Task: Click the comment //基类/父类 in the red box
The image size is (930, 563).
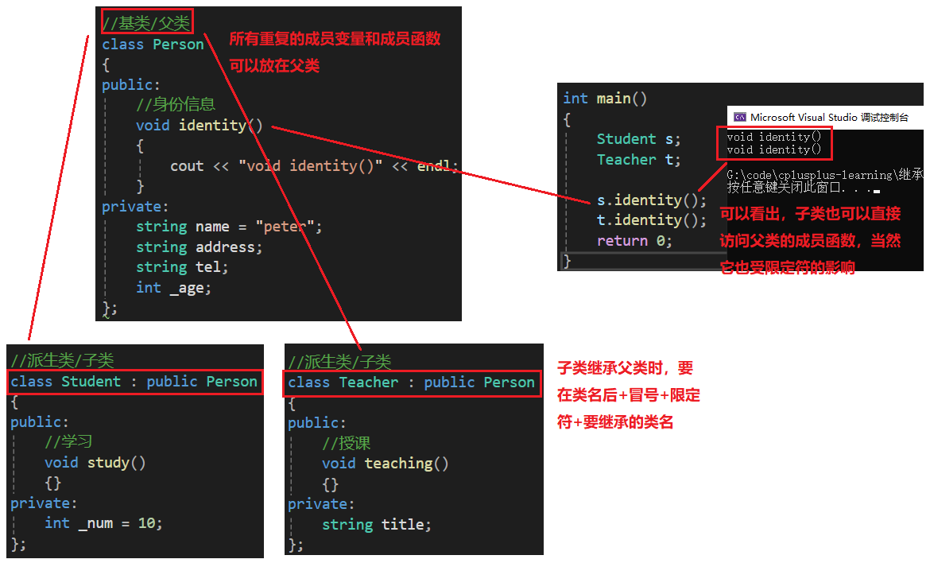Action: (x=147, y=22)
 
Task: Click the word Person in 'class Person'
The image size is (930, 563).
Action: (x=178, y=45)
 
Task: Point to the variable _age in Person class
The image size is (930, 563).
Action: (x=187, y=288)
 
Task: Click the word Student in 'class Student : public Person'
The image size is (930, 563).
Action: (x=91, y=382)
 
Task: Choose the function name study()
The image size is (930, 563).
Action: (x=116, y=463)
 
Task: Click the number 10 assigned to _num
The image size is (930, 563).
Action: (x=148, y=523)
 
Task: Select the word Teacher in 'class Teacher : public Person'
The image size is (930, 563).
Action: (x=369, y=382)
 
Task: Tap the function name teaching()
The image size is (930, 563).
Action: (x=406, y=464)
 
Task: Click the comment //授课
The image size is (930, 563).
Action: (x=347, y=443)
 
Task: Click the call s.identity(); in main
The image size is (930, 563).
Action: (x=652, y=200)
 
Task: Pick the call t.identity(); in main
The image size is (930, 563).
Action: (x=652, y=220)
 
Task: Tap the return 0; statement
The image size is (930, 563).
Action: (x=634, y=241)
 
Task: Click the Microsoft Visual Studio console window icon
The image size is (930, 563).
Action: (x=740, y=117)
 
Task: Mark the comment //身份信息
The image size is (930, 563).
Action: (x=176, y=105)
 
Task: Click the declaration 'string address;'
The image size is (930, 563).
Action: (x=199, y=247)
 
